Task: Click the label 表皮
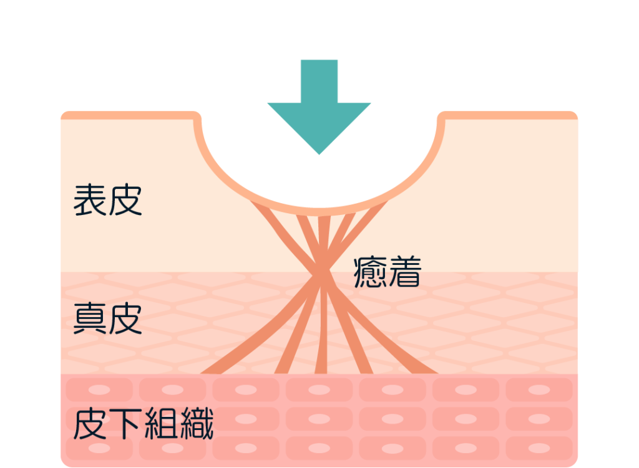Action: coord(107,200)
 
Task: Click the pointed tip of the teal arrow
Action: coord(319,153)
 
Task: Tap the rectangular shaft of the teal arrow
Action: coord(319,81)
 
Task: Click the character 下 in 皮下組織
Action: coord(125,424)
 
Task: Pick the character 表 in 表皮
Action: coord(89,200)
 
